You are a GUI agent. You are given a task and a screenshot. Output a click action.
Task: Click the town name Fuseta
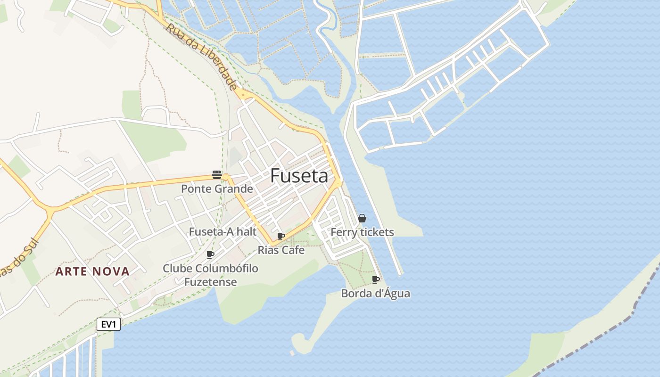point(299,176)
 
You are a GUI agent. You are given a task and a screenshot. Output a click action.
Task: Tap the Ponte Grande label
point(217,189)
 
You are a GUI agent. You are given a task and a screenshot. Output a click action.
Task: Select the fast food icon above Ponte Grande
point(217,175)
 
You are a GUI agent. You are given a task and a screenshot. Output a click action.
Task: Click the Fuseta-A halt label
point(223,231)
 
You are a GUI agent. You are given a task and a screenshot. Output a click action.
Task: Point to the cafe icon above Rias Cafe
point(281,236)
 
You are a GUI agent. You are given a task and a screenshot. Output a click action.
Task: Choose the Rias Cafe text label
point(281,250)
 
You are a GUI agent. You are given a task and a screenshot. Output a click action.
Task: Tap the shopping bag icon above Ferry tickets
point(362,218)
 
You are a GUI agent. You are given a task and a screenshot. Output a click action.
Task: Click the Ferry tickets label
point(362,232)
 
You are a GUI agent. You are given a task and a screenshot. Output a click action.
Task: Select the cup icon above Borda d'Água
point(376,279)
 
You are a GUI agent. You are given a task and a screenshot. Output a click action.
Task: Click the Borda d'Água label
point(376,294)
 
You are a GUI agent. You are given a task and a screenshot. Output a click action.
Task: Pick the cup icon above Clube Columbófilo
point(210,254)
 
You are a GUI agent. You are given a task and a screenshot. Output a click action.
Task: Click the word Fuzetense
point(210,282)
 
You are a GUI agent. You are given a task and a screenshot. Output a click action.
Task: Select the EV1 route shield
point(109,324)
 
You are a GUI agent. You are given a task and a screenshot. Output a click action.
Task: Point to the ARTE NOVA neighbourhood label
point(92,271)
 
